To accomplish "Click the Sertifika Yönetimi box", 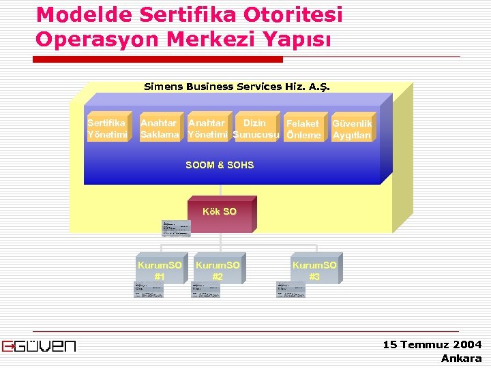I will [107, 129].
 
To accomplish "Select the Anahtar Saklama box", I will [160, 129].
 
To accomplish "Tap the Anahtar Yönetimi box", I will [209, 129].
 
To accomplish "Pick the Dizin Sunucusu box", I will [256, 129].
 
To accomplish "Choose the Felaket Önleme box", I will [303, 129].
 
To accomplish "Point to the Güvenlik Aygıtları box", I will [352, 129].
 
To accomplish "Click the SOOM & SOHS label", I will [220, 165].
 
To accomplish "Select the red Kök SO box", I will [220, 213].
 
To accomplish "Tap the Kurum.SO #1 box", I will [160, 271].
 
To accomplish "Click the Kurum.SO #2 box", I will [218, 271].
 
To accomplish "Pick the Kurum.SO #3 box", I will [314, 271].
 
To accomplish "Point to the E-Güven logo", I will [39, 346].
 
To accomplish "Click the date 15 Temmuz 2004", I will [432, 345].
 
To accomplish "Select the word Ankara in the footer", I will [461, 358].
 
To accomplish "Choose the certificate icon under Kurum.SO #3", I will [291, 290].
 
